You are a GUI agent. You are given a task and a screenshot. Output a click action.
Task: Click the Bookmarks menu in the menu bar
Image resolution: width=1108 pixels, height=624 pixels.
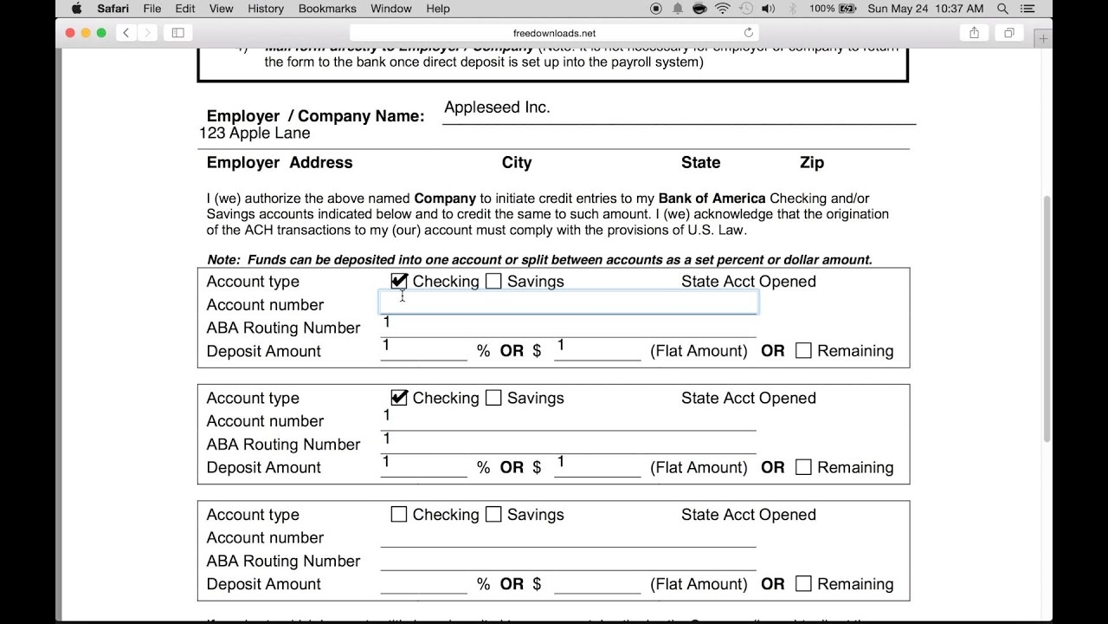tap(327, 9)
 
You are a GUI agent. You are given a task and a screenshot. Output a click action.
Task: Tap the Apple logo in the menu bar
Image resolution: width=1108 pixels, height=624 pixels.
tap(76, 9)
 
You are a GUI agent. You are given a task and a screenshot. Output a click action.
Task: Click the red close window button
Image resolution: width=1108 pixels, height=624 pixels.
tap(71, 33)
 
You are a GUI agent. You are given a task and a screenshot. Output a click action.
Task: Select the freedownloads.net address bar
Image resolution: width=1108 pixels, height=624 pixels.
tap(554, 33)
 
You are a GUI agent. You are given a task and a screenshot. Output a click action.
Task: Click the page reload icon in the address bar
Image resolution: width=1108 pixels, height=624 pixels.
tap(749, 33)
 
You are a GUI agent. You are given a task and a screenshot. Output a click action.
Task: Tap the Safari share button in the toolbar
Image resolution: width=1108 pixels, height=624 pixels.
tap(974, 33)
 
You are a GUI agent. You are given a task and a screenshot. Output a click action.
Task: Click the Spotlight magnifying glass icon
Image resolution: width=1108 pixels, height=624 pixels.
tap(1003, 9)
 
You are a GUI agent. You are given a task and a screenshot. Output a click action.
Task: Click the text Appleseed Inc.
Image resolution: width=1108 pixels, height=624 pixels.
tap(497, 107)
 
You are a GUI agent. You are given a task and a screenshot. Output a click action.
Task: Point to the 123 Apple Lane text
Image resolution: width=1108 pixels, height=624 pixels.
tap(254, 133)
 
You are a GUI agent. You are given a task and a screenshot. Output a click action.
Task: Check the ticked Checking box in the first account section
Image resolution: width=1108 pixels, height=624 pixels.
tap(399, 281)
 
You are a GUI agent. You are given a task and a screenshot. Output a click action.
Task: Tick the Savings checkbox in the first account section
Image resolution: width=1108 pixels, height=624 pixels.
tap(493, 281)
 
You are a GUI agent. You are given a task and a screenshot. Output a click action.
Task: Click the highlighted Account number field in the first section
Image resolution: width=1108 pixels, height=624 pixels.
tap(569, 302)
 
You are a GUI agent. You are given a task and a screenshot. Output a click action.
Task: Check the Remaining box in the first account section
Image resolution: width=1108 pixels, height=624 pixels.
tap(803, 351)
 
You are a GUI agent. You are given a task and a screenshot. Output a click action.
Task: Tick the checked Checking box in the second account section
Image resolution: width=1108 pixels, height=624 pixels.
tap(399, 398)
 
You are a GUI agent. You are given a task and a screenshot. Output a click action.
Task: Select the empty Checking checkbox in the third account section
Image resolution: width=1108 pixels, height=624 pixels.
tap(399, 515)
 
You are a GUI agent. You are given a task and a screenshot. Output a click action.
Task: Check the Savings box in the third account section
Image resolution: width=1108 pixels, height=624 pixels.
tap(493, 515)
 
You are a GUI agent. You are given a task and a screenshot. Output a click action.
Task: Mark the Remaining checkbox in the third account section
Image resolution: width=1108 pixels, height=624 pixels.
tap(803, 584)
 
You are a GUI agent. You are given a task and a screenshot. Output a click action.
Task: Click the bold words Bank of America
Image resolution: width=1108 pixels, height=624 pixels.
tap(712, 198)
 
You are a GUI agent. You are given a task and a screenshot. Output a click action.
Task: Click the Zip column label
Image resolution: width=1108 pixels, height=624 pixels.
tap(812, 163)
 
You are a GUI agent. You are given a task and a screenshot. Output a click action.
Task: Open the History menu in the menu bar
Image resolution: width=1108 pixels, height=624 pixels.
tap(265, 9)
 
